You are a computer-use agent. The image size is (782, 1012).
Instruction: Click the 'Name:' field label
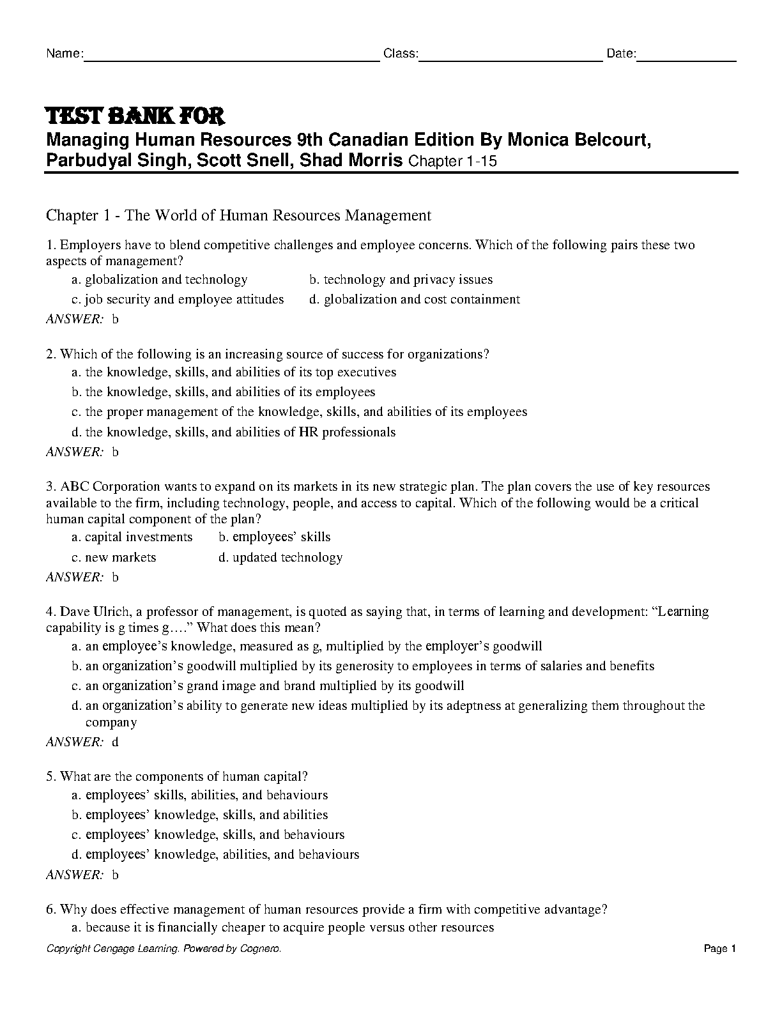64,54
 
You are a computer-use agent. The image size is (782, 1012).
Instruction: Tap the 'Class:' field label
401,54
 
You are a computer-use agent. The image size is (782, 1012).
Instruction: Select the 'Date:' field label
621,54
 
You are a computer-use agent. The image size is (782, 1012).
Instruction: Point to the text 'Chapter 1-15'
452,162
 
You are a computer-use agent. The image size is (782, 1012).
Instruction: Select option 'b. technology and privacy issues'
401,279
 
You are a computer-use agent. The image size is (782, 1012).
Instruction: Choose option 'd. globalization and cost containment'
415,299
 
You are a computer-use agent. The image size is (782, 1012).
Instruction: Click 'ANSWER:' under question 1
74,319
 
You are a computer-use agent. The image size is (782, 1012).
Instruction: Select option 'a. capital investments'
132,537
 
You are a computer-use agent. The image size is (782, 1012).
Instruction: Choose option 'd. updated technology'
280,557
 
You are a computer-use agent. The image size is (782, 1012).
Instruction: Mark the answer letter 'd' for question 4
116,742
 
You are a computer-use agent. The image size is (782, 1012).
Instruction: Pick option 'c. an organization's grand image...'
268,686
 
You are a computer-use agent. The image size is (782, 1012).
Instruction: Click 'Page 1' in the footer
720,949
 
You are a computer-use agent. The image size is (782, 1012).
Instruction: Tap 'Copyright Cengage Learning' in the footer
112,949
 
